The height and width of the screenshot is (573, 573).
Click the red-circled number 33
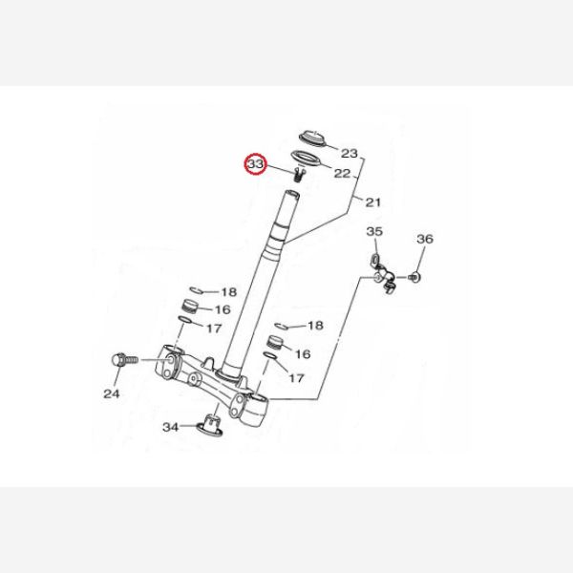[255, 164]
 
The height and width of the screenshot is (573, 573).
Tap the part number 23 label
[349, 153]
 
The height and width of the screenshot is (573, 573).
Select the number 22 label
[343, 173]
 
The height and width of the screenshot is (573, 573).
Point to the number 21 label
[373, 202]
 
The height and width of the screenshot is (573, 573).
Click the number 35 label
[374, 231]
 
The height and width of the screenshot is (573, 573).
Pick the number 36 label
[425, 239]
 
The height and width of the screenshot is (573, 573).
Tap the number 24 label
[112, 393]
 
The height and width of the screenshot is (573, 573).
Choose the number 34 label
[171, 427]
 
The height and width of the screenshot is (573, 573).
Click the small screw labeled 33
[299, 175]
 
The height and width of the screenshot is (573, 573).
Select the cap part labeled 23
[312, 138]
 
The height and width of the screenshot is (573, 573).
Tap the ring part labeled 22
[306, 159]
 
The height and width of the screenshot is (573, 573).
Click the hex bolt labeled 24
[124, 360]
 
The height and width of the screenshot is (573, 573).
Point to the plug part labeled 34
[210, 425]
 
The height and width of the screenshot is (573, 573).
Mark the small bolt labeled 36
[414, 277]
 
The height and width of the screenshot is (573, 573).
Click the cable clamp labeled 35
[382, 274]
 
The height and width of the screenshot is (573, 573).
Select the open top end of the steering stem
[292, 195]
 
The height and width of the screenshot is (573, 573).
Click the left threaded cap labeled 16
[191, 307]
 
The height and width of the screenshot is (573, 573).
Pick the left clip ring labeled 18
[196, 290]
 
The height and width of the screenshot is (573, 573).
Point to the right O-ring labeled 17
[270, 355]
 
